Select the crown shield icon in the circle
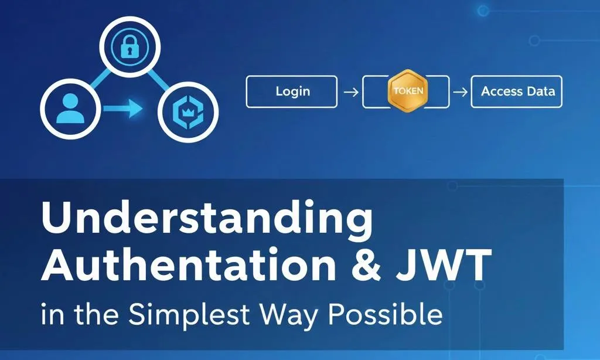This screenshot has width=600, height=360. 189,110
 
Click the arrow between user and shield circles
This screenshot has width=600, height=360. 122,108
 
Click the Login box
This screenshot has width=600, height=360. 291,91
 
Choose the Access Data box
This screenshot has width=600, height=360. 516,91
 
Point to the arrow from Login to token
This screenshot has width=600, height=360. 350,92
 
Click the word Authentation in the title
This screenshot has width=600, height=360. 190,266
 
